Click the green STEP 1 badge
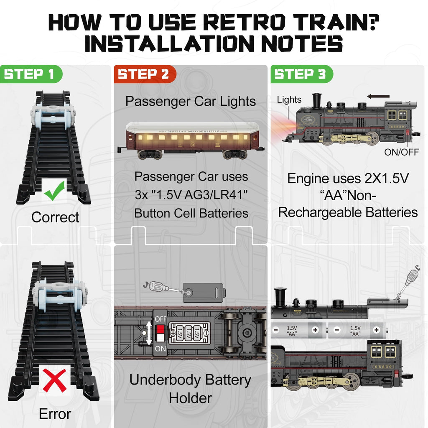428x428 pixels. coord(30,74)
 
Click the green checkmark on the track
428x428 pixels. coord(55,191)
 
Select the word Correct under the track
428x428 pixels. coord(55,217)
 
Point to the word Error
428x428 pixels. coord(55,414)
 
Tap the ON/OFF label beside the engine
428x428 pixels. coord(401,152)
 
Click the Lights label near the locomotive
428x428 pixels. coord(289,99)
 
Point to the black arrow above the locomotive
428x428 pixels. coord(378,97)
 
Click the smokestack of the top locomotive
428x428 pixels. coord(316,100)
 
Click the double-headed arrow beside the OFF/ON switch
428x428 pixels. coord(149,333)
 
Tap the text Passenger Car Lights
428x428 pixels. coord(191,101)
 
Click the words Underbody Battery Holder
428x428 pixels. coord(190,389)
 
